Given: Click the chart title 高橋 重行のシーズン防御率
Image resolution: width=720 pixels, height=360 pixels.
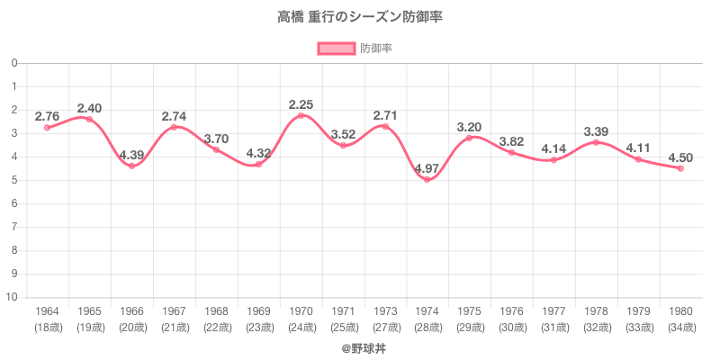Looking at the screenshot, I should coord(360,17).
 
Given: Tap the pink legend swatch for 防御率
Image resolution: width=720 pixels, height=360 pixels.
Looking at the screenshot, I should coord(336,48).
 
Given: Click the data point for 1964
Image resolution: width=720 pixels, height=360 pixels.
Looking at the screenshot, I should coord(47,128).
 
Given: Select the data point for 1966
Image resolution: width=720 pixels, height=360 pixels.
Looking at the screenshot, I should coord(131,166).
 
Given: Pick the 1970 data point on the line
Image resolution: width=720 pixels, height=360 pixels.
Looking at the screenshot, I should coord(301,115).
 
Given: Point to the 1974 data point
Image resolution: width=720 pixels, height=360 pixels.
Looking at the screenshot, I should coord(427,179).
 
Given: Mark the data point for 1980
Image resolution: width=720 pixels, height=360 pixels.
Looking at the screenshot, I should coord(680,168).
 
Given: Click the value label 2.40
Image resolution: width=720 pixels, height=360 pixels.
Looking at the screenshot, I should coord(89,108).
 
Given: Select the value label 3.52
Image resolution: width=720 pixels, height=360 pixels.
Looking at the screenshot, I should coord(343,134).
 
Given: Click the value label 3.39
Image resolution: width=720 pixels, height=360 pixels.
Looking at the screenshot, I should coord(596,131).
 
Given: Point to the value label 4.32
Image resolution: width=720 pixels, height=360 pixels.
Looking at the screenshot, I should coord(258,153).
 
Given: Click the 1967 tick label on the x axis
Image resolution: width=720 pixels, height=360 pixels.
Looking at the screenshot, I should coord(174,311).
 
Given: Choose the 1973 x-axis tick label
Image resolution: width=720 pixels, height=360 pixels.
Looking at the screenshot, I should coord(385,311).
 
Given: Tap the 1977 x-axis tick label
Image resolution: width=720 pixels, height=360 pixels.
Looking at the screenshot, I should coord(553,311).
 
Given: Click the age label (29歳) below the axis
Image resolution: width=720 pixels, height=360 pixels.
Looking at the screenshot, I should coord(469,327).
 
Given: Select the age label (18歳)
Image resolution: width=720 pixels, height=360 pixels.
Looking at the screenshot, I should coord(47,327).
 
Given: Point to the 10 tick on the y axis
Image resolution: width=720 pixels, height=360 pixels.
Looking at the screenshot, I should coord(14,297).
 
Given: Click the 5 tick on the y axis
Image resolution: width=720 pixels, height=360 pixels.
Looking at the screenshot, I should coord(15,180).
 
